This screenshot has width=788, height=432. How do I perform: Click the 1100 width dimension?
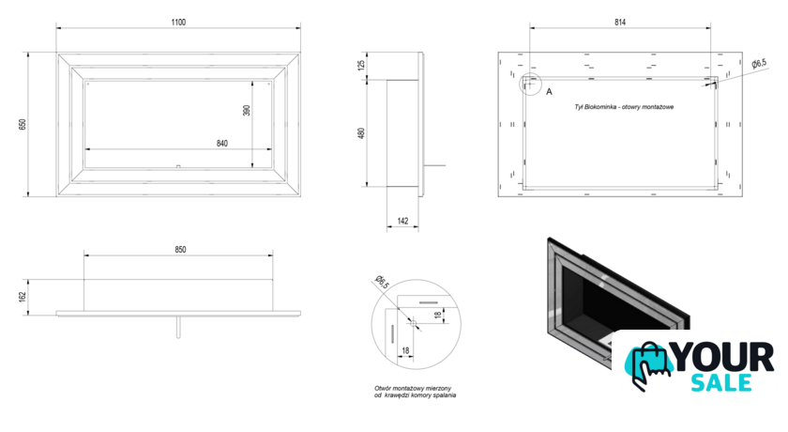(178, 23)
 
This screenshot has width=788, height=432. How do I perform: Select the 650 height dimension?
(23, 124)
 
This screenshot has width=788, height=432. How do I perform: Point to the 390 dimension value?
(246, 110)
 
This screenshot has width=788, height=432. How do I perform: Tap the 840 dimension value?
(222, 144)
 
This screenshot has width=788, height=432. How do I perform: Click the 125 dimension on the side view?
(361, 65)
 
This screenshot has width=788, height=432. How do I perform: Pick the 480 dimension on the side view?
(361, 133)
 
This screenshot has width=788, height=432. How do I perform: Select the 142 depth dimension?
(403, 221)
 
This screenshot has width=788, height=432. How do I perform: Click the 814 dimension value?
(620, 23)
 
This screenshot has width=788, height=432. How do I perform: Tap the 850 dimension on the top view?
(180, 250)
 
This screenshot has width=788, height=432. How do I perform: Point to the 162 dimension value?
(23, 297)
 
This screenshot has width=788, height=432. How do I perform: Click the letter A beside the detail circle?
(550, 91)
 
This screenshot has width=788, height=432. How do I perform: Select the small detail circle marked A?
(530, 85)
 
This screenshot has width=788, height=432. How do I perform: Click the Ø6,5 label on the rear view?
(759, 63)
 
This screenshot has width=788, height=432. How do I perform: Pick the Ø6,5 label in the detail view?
(382, 283)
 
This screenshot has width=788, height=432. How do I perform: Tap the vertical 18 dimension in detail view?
(438, 315)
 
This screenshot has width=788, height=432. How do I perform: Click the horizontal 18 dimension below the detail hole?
(405, 350)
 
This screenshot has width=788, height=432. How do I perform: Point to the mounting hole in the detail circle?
(413, 323)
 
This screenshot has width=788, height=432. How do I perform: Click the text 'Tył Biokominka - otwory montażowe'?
(624, 107)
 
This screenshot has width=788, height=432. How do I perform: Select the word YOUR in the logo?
(723, 358)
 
